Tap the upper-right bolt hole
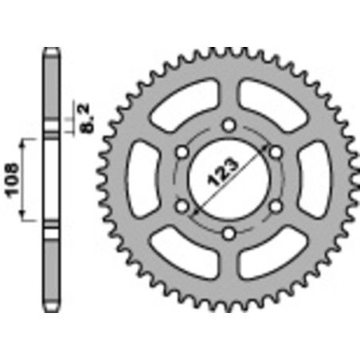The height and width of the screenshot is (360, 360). (x=276, y=151)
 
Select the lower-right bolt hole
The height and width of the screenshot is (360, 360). (x=276, y=206)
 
